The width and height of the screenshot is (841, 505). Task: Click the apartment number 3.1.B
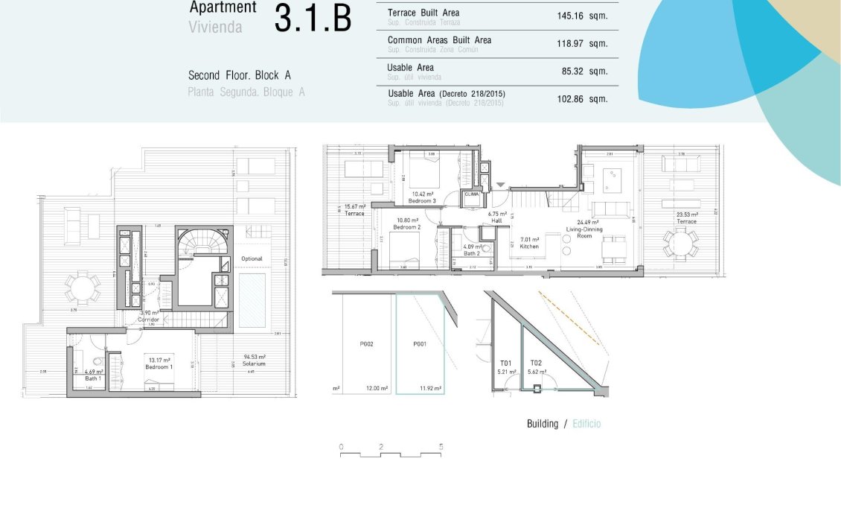click(313, 19)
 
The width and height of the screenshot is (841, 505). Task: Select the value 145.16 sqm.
click(582, 16)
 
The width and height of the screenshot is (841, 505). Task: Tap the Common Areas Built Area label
click(439, 40)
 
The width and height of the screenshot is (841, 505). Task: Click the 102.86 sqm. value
click(582, 98)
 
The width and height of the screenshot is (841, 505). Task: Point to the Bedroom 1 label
click(159, 368)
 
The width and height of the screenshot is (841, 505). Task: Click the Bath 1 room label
click(93, 375)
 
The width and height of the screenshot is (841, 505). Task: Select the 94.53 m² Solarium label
click(254, 361)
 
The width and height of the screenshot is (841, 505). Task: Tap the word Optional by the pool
click(252, 258)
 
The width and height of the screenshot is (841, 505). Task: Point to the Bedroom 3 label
click(423, 199)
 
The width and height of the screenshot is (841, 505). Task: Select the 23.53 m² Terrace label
click(686, 217)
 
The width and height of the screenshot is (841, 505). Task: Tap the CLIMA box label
click(471, 194)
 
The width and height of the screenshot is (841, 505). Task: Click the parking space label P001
click(420, 344)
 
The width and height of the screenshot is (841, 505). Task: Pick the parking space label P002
click(365, 344)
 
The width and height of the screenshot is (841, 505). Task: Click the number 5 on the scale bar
click(441, 447)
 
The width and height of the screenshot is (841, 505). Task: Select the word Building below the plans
click(542, 424)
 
